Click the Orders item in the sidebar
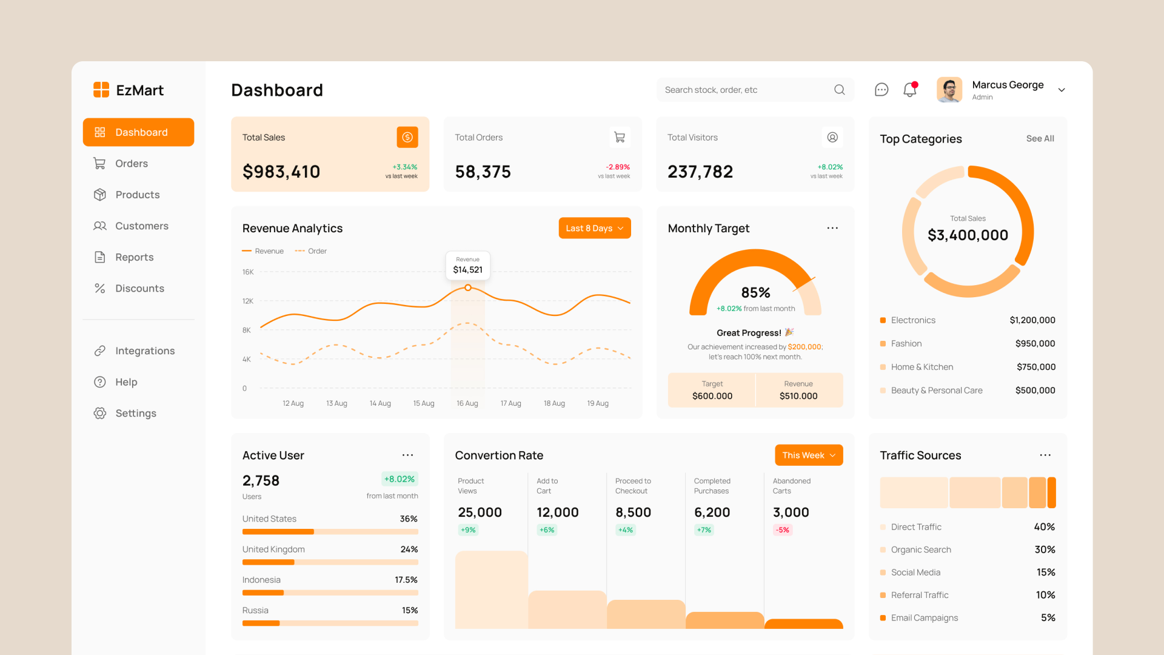pyautogui.click(x=131, y=164)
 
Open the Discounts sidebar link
pyautogui.click(x=139, y=289)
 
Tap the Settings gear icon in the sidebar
pyautogui.click(x=100, y=414)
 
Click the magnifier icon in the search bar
pyautogui.click(x=839, y=90)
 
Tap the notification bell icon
pyautogui.click(x=909, y=90)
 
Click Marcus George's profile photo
pyautogui.click(x=949, y=90)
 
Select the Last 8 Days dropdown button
pyautogui.click(x=594, y=228)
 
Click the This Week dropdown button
pyautogui.click(x=808, y=455)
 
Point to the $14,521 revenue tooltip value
pyautogui.click(x=467, y=270)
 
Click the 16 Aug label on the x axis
pyautogui.click(x=467, y=403)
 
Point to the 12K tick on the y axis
pyautogui.click(x=247, y=301)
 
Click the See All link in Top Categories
pyautogui.click(x=1040, y=139)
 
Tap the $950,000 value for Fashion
pyautogui.click(x=1035, y=344)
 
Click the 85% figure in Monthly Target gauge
pyautogui.click(x=755, y=293)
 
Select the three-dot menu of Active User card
pyautogui.click(x=407, y=455)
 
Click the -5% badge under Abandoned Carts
pyautogui.click(x=783, y=530)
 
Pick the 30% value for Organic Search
pyautogui.click(x=1045, y=550)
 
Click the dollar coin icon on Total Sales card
pyautogui.click(x=407, y=138)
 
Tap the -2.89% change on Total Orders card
pyautogui.click(x=618, y=167)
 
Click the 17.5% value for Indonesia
pyautogui.click(x=406, y=580)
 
